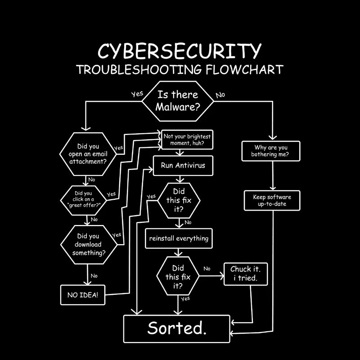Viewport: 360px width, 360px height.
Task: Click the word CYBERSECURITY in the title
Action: (179, 51)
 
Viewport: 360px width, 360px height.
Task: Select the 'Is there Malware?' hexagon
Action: (178, 101)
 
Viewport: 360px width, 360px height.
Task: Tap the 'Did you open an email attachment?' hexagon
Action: (88, 153)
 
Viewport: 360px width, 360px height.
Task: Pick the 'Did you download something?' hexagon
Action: (89, 244)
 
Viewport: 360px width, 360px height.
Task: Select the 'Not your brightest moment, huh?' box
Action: (187, 139)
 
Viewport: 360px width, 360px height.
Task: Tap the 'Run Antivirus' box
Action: (183, 166)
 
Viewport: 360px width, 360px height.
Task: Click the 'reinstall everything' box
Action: (179, 238)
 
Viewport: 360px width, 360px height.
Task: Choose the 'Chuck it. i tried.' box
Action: (246, 273)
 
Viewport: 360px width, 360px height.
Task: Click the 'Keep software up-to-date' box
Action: (272, 200)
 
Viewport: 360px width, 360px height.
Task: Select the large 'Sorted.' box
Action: (177, 328)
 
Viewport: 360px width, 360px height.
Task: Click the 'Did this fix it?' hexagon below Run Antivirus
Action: (179, 200)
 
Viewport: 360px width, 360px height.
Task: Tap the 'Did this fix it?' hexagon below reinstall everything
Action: (178, 276)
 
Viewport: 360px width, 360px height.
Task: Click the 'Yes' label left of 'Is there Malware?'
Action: (137, 94)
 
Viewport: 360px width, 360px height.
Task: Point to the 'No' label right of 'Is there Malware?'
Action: (220, 95)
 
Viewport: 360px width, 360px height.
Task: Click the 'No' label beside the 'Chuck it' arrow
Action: (207, 269)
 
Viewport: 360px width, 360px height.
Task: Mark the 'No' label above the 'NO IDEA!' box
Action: (94, 276)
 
